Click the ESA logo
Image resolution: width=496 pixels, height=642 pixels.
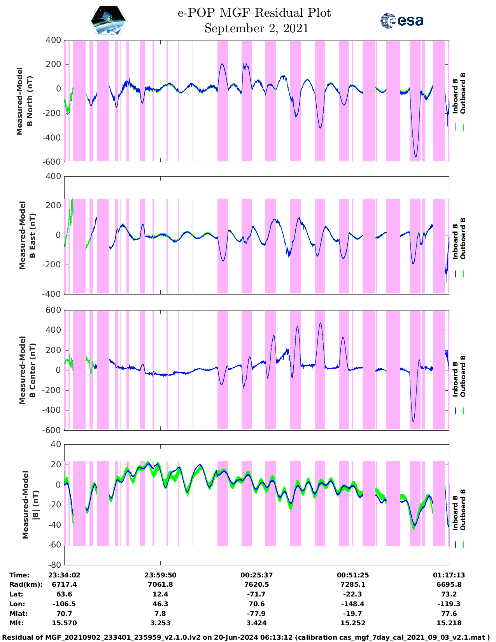tap(402, 21)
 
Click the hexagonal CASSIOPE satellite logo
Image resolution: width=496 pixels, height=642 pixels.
tap(109, 21)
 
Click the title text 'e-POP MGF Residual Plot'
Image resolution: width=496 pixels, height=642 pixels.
tap(254, 13)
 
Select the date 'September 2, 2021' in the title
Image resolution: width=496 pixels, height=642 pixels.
tap(256, 28)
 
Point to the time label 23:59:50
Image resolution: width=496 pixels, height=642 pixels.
tap(160, 575)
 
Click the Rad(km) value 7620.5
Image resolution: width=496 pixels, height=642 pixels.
tap(257, 584)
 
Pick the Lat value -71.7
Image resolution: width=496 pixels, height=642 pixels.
tap(257, 594)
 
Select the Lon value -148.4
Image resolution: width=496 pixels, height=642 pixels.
tap(353, 604)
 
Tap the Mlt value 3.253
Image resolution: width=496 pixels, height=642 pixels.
tap(160, 623)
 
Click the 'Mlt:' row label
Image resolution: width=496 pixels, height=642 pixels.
tap(16, 623)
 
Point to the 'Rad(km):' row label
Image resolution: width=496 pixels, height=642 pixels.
tap(26, 584)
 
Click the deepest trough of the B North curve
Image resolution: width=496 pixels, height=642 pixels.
tap(416, 157)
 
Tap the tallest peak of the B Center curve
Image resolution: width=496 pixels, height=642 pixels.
tap(320, 323)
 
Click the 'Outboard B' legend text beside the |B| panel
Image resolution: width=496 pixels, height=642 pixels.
tap(463, 510)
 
